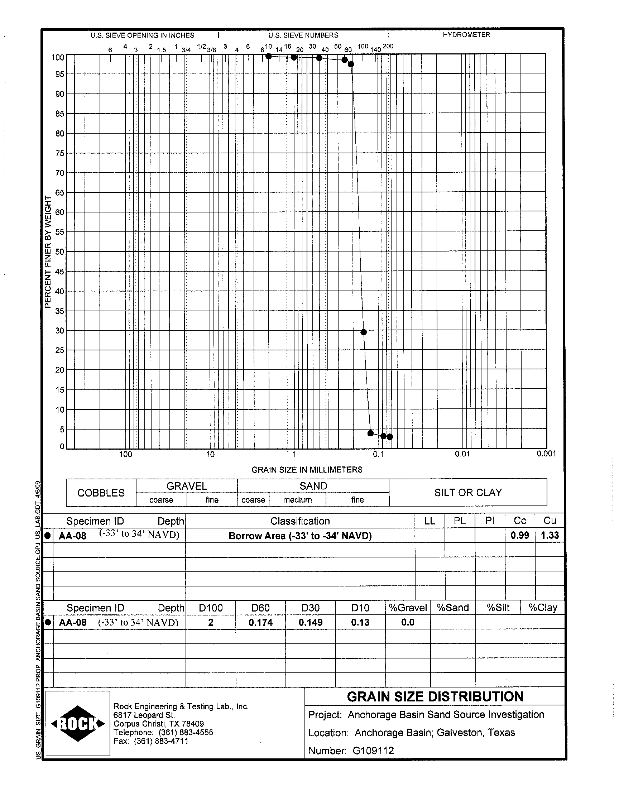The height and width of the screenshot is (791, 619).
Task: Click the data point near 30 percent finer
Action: [364, 332]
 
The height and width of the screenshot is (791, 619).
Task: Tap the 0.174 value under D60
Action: [260, 622]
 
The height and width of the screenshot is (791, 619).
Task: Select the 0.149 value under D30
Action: [310, 622]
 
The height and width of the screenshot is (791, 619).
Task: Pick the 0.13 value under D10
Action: [360, 622]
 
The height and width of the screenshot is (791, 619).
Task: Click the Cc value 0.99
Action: [520, 535]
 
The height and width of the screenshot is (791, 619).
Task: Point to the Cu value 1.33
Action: [550, 535]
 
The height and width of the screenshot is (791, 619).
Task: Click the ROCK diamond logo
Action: [78, 724]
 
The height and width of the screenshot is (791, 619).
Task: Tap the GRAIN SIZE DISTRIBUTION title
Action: [435, 696]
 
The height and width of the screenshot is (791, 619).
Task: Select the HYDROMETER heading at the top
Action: [466, 35]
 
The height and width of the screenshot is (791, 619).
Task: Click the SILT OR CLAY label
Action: [468, 493]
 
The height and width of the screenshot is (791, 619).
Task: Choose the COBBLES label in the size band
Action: [101, 493]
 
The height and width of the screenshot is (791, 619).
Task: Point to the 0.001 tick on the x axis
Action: [546, 454]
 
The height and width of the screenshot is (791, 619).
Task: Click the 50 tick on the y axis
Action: [59, 251]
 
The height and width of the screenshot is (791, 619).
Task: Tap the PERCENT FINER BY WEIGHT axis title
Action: [48, 251]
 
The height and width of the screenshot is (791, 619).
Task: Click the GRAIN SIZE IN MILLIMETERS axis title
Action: [307, 470]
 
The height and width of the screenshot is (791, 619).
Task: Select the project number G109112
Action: [373, 751]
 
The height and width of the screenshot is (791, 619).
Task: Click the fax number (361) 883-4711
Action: [161, 741]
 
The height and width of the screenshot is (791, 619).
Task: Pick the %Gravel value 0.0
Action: [408, 622]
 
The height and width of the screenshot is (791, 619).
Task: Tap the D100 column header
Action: [211, 608]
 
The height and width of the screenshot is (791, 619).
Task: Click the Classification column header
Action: [300, 521]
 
